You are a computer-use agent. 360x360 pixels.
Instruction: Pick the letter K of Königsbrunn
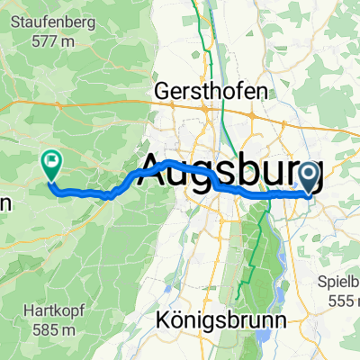click(x=162, y=319)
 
